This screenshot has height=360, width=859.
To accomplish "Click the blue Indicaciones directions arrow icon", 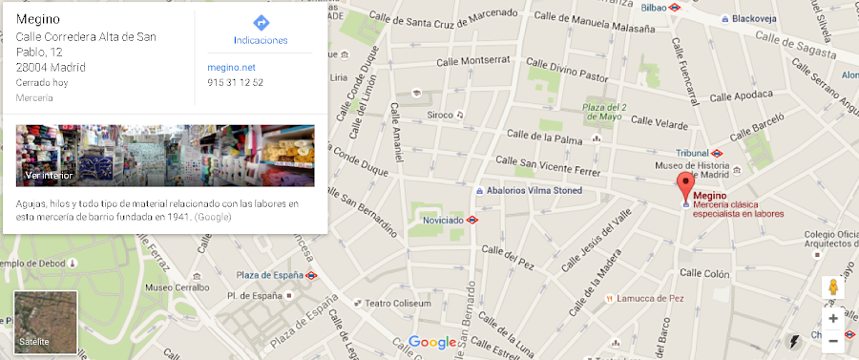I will coord(261,22).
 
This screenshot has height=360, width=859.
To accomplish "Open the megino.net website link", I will coord(231,67).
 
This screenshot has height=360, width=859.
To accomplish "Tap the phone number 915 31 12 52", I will coord(235,82).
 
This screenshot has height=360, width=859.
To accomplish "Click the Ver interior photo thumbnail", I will coord(165,156).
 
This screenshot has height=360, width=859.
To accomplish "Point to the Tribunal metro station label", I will coord(692,153).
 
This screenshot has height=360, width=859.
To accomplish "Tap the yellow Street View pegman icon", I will coord(832,287).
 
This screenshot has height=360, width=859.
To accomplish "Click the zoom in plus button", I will coord(832,318).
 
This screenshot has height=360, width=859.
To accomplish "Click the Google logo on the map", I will coord(432,342).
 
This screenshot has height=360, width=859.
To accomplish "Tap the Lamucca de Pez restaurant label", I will coord(650,298).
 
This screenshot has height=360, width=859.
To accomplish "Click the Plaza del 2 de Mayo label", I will coord(604,113).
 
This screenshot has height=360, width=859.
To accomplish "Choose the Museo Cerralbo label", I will coord(176,286).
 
